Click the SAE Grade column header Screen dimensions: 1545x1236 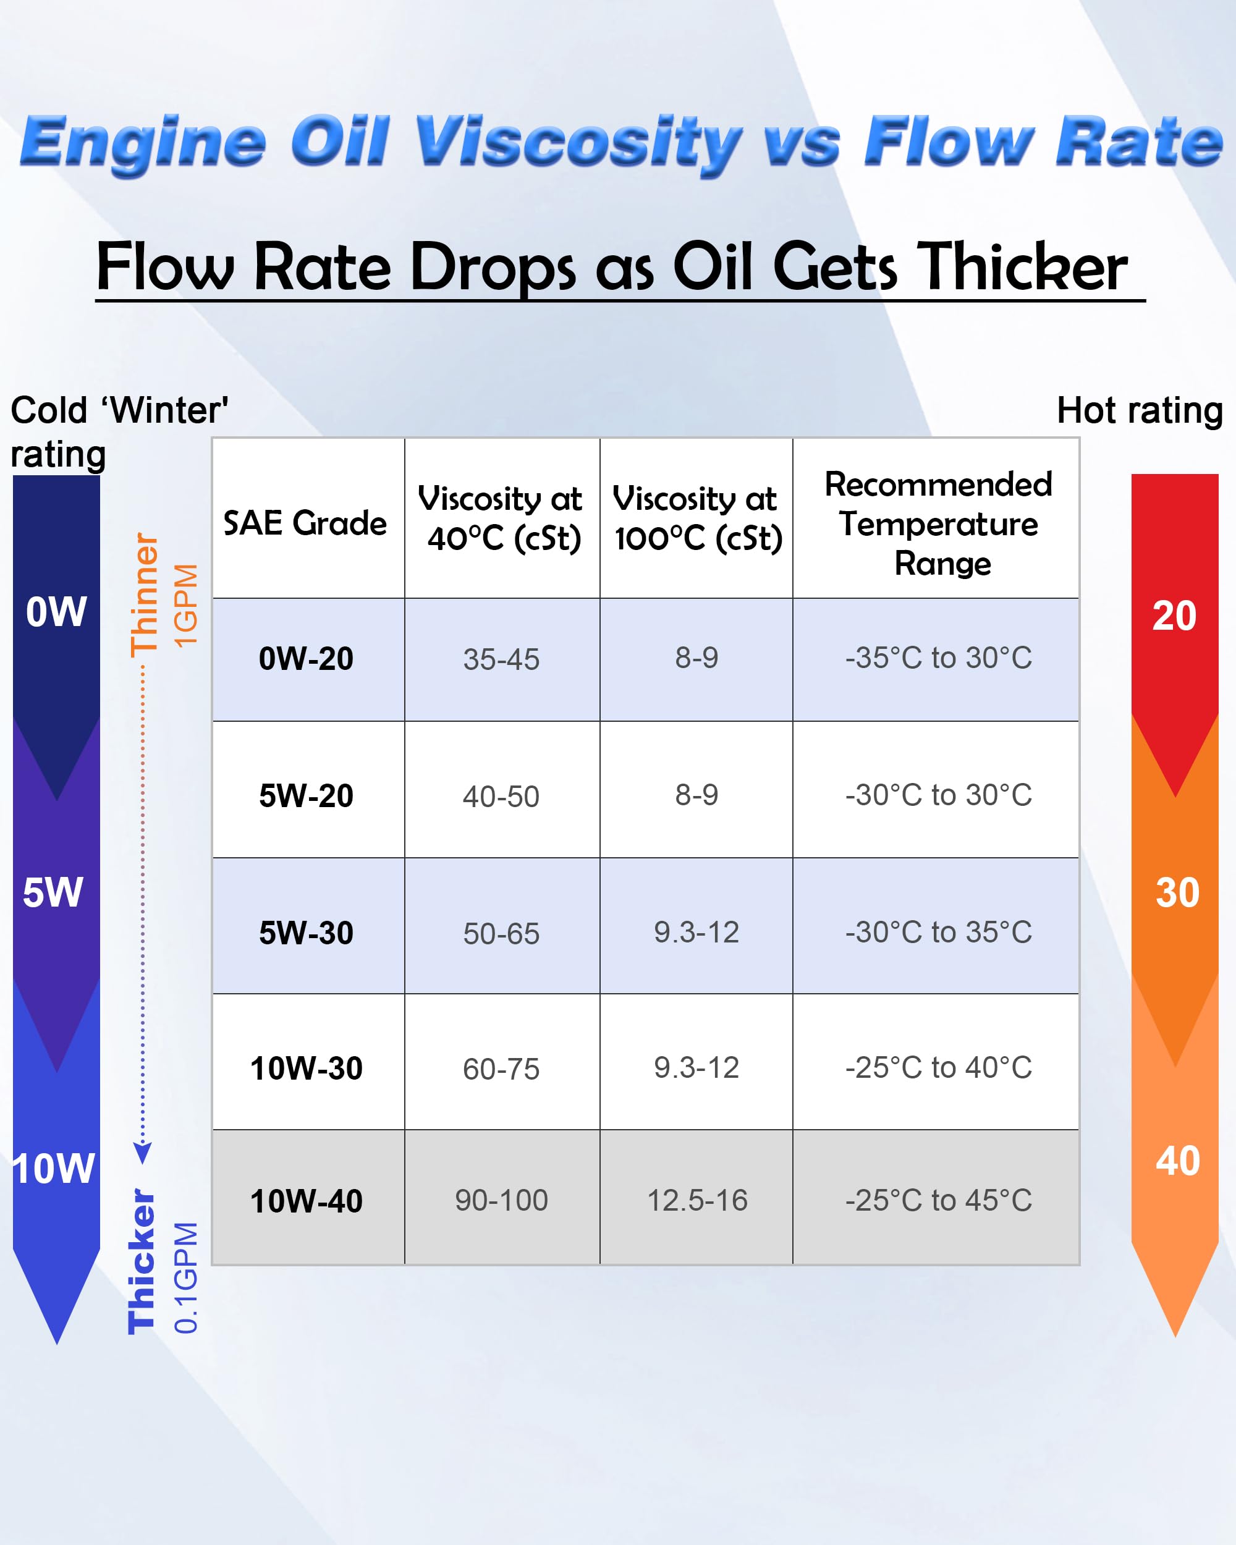point(305,523)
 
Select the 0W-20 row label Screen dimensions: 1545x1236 point(306,659)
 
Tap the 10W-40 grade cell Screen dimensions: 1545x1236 point(306,1201)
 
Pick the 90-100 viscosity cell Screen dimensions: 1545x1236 point(502,1200)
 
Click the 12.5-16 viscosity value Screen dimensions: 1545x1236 point(697,1200)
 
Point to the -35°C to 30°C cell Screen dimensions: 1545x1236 point(938,658)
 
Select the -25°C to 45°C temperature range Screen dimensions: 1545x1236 point(938,1200)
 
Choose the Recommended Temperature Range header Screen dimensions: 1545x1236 point(938,524)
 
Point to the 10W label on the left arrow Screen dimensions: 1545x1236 point(54,1169)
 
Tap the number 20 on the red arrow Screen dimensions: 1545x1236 point(1174,616)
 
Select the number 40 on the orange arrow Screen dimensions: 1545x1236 point(1177,1161)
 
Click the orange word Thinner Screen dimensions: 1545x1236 point(144,595)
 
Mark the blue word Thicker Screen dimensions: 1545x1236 point(141,1261)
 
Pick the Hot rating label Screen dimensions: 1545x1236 point(1139,410)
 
